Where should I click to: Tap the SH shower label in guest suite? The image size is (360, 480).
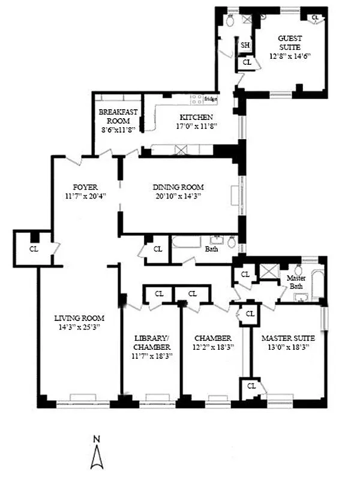point(245,45)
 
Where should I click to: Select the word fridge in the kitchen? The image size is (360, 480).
point(210,99)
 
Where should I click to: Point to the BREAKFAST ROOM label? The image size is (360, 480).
point(118,116)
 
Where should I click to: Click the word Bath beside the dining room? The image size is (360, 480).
point(211,248)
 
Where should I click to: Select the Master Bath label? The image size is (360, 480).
point(296,281)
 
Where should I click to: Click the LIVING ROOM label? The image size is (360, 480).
point(79,318)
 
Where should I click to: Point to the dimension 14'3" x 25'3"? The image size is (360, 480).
point(79,327)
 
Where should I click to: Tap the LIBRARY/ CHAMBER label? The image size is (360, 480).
point(152,343)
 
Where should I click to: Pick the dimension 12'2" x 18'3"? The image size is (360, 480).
point(212,347)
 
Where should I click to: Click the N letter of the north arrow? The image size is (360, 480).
point(97,440)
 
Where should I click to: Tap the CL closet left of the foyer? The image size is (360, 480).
point(34,248)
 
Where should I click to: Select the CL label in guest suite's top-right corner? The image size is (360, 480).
point(314,17)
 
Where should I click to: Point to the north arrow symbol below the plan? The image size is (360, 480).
point(97,458)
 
